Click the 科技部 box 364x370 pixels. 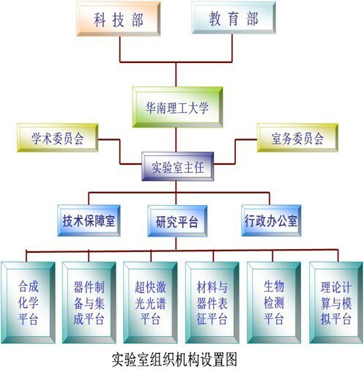pyautogui.click(x=119, y=19)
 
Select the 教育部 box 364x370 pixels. pyautogui.click(x=234, y=18)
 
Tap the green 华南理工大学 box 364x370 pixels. pyautogui.click(x=177, y=107)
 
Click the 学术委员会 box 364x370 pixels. pyautogui.click(x=58, y=138)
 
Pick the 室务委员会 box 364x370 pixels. pyautogui.click(x=297, y=138)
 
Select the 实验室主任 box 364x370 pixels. pyautogui.click(x=178, y=166)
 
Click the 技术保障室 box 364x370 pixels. pyautogui.click(x=89, y=221)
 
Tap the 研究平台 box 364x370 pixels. pyautogui.click(x=177, y=221)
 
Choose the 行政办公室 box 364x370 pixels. pyautogui.click(x=271, y=221)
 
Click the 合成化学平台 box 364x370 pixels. pyautogui.click(x=28, y=303)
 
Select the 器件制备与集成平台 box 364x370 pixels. pyautogui.click(x=89, y=303)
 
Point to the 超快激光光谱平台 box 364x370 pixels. pyautogui.click(x=150, y=303)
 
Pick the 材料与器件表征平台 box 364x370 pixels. pyautogui.click(x=212, y=303)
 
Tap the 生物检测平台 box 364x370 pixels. pyautogui.click(x=274, y=303)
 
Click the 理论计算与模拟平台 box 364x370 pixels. pyautogui.click(x=336, y=303)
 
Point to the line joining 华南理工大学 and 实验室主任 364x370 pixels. pyautogui.click(x=176, y=140)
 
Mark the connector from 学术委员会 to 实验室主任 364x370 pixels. pyautogui.click(x=120, y=152)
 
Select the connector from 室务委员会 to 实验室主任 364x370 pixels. pyautogui.click(x=235, y=152)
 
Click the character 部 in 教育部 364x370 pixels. pyautogui.click(x=253, y=19)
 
